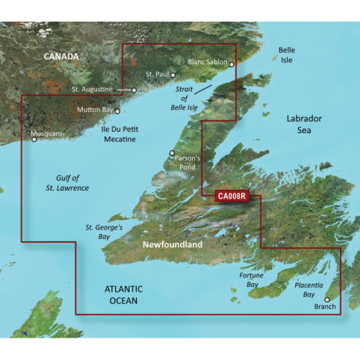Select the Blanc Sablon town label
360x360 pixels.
coord(207,63)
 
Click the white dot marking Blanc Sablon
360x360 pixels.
coord(232,64)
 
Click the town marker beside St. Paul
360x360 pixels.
coord(173,75)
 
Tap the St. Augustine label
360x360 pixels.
coord(92,89)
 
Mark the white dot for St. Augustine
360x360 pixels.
coord(134,90)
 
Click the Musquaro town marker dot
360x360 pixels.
coord(34,140)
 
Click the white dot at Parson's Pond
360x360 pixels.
coord(171,153)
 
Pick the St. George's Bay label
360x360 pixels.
coord(105,232)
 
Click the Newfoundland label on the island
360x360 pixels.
coord(173,246)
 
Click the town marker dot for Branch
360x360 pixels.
coord(326,300)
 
